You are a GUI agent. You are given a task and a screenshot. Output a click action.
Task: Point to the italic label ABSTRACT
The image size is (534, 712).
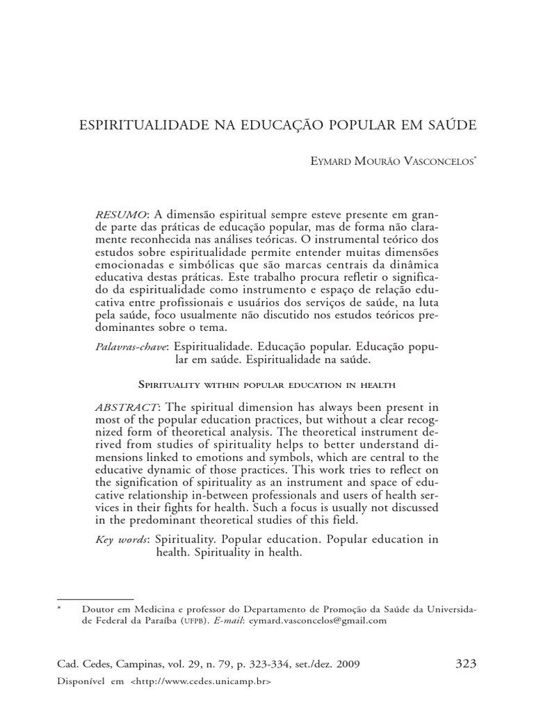pyautogui.click(x=127, y=406)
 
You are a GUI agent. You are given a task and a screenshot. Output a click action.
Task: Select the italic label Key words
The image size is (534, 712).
pyautogui.click(x=122, y=540)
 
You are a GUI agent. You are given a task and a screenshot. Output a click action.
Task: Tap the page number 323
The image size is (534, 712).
pyautogui.click(x=466, y=663)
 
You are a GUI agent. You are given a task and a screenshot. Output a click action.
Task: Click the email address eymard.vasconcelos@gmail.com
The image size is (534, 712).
pyautogui.click(x=319, y=621)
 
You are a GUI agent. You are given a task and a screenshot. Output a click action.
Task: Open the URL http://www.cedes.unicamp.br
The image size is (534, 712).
pyautogui.click(x=200, y=682)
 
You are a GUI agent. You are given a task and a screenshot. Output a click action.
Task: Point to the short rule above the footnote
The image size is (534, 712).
pyautogui.click(x=95, y=597)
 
